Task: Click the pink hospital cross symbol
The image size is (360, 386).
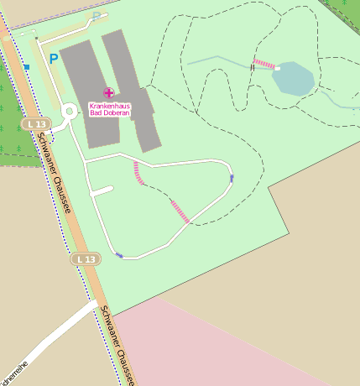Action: tap(108, 92)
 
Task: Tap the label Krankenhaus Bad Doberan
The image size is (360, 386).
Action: tap(110, 109)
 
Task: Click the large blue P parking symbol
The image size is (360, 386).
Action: tap(54, 59)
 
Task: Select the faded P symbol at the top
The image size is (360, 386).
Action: tap(97, 16)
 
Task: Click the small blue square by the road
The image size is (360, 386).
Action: tap(27, 66)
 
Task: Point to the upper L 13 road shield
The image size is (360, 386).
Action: tap(36, 124)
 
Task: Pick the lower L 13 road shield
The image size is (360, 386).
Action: tap(86, 259)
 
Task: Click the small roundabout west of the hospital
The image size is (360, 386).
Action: tap(70, 111)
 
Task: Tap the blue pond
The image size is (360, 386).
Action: tap(293, 78)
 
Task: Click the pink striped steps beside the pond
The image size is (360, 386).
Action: tap(263, 64)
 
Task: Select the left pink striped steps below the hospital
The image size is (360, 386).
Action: tap(138, 173)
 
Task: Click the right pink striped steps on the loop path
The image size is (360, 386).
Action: tap(180, 211)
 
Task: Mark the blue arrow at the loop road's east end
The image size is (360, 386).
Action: tap(232, 178)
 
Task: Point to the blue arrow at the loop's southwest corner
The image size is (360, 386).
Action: tap(119, 255)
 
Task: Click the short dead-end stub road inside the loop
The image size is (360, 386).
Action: tap(101, 192)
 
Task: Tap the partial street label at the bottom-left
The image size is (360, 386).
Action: tap(14, 374)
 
